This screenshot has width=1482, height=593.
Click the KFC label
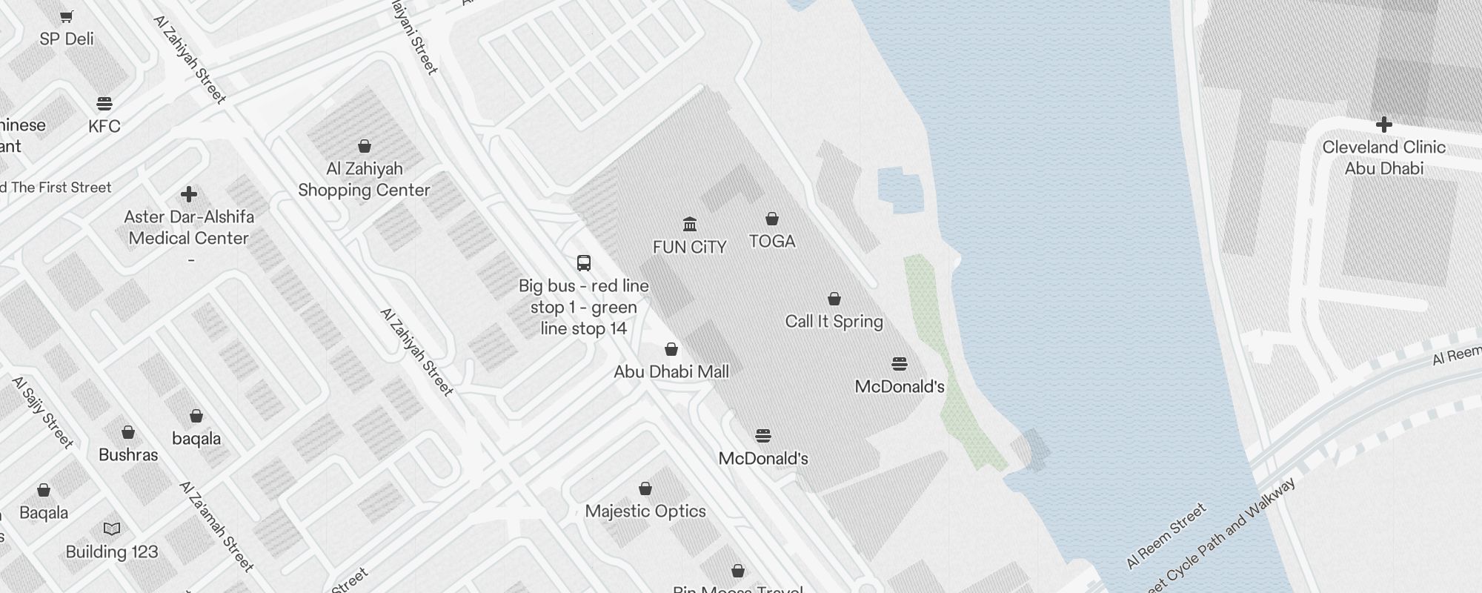[104, 127]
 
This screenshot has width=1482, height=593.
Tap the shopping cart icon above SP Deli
[67, 16]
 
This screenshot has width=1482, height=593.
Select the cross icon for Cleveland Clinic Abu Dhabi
[1383, 125]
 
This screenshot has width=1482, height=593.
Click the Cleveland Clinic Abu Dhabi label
[1383, 158]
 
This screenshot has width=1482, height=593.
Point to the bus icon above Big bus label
[584, 263]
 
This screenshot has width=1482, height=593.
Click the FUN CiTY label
[689, 248]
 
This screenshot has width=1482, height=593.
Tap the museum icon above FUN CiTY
[690, 224]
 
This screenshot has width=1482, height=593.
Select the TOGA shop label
[772, 242]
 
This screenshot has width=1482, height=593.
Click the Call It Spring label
[834, 322]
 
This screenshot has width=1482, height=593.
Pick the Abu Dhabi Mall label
[671, 372]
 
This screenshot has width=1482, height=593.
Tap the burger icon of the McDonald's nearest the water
[900, 364]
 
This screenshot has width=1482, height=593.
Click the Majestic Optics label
[645, 511]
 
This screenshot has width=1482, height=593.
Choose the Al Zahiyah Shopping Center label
[364, 180]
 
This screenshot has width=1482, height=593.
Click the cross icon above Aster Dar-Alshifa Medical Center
[189, 194]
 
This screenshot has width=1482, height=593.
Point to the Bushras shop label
[128, 455]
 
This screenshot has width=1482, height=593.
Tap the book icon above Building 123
[112, 529]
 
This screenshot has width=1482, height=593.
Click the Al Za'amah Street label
[216, 527]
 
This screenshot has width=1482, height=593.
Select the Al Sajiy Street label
[43, 413]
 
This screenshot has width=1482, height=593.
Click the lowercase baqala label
[196, 439]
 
